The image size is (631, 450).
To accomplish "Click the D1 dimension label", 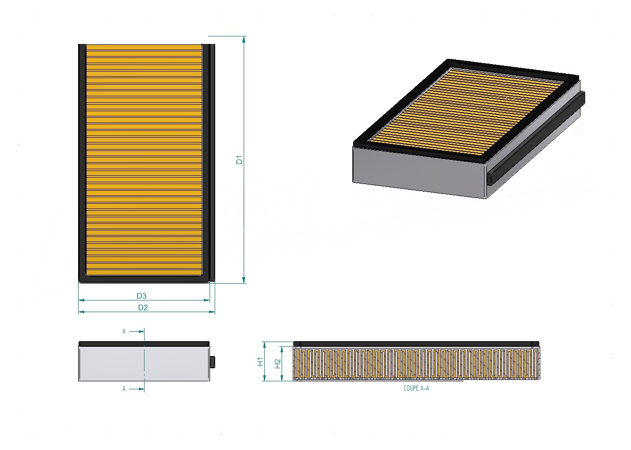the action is pos(239,159).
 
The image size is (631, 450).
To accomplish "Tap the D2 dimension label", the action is pos(143,307).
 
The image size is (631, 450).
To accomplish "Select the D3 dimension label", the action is pos(141,296).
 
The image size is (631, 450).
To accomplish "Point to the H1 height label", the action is pos(260,362).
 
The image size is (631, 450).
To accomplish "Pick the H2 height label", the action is pos(278,364).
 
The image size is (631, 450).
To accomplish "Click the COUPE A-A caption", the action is pos(416,388).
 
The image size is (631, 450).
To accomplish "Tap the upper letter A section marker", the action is pos(124,331).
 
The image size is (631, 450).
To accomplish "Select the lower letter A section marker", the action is pos(124,389).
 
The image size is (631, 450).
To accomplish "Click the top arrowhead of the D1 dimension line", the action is pos(244,39).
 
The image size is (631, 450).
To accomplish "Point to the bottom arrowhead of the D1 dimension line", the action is pos(244,280).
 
